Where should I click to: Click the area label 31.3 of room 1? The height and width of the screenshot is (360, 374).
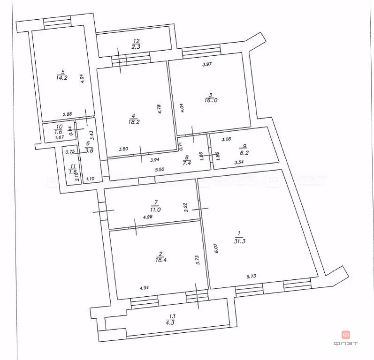point(240,240)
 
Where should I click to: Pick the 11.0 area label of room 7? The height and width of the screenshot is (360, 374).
point(155,210)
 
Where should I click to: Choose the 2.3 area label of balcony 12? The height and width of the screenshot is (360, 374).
point(135,47)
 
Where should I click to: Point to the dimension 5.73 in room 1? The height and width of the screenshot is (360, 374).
point(253,277)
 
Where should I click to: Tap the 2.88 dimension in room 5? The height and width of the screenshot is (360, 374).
point(68,114)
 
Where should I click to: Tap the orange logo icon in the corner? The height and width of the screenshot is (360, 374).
point(346,335)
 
